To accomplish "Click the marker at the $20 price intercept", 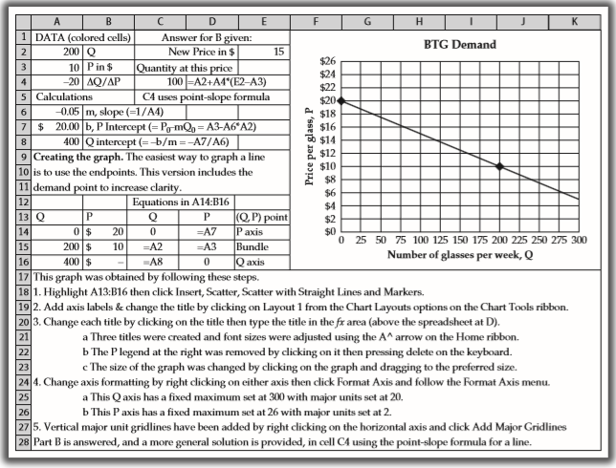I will point(341,100).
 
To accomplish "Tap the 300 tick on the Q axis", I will point(578,241).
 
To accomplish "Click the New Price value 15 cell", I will point(278,51).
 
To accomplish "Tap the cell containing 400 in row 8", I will point(57,142).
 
